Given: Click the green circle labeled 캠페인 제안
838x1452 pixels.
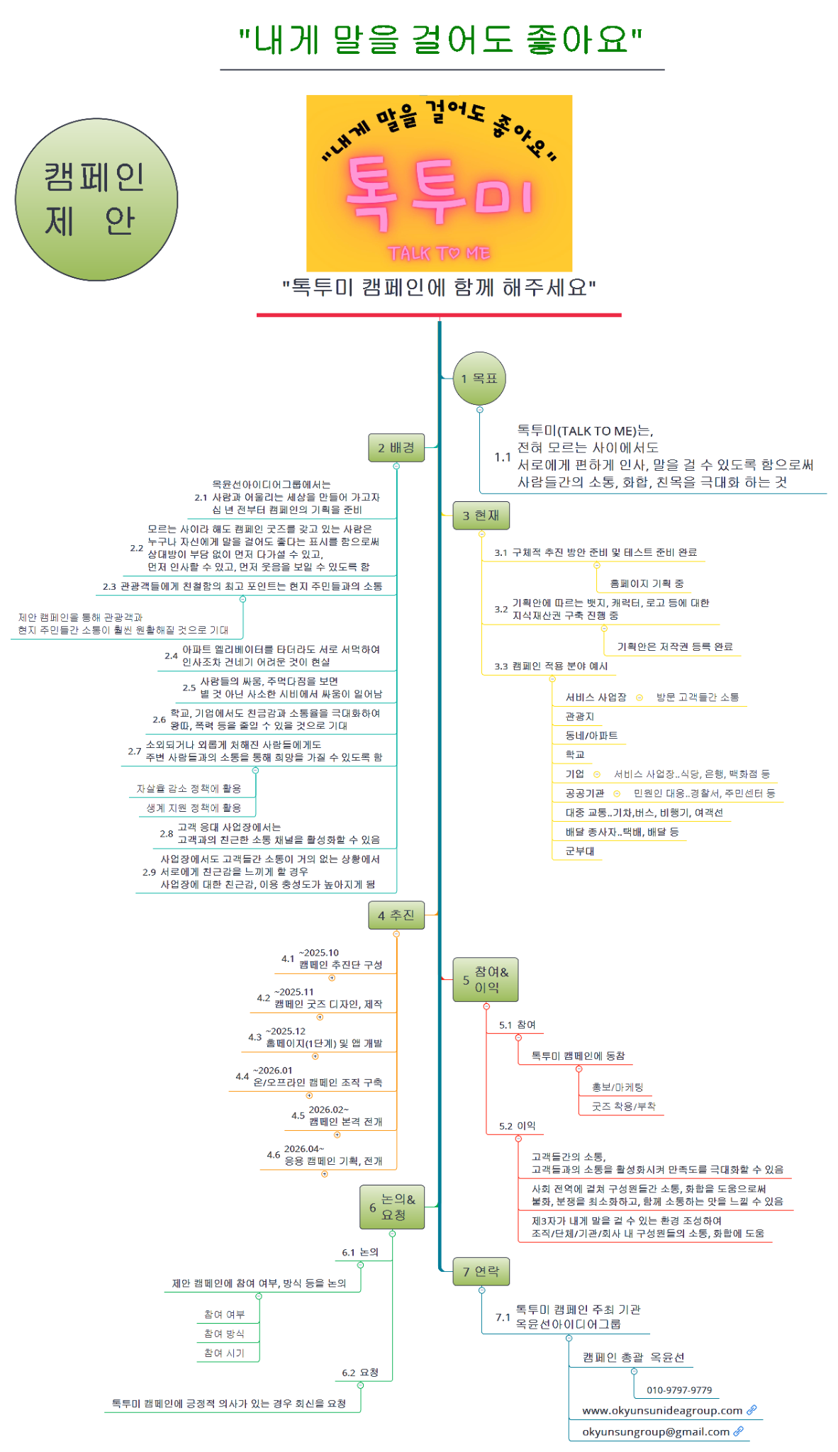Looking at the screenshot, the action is [96, 200].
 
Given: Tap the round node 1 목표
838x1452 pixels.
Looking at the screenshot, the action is [480, 379].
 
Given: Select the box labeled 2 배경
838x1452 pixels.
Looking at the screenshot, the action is [396, 448].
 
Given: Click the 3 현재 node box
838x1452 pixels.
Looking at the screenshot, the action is [481, 515].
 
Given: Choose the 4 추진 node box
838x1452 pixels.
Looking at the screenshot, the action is [396, 915].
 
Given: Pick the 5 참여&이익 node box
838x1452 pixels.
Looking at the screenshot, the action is [486, 980].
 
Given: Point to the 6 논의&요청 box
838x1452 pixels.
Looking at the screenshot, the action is [392, 1207].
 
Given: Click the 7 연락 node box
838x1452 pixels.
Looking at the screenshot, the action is [481, 1272].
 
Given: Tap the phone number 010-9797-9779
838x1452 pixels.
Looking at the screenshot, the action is [679, 1390].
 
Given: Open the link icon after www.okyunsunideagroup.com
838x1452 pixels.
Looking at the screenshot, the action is [752, 1410].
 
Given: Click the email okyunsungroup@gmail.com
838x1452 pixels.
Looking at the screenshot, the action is [656, 1432].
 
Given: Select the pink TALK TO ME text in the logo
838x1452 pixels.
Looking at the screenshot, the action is [439, 253].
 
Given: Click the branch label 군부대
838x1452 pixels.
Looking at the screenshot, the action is [580, 851].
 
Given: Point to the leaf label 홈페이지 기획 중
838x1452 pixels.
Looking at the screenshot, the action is [647, 583].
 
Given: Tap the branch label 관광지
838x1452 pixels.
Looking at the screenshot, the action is [580, 717].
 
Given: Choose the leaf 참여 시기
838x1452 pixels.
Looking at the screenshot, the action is [224, 1353].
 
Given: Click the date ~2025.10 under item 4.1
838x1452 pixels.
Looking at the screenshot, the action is [319, 953].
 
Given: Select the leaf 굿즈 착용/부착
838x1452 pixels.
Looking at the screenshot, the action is [624, 1106].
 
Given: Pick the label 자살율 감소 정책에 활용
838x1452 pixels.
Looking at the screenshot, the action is [189, 788].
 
